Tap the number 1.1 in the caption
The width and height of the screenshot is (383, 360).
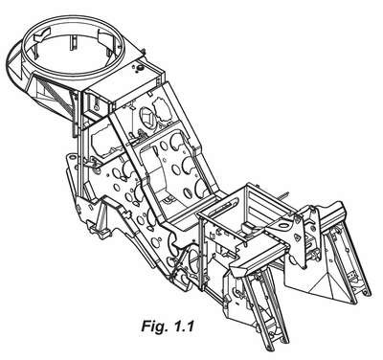pyautogui.click(x=183, y=326)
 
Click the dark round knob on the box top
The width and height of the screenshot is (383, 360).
pyautogui.click(x=140, y=68)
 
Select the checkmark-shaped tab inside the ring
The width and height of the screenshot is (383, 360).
pyautogui.click(x=42, y=33)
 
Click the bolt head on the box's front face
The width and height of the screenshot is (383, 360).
pyautogui.click(x=96, y=107)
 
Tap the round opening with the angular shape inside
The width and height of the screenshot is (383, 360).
pyautogui.click(x=147, y=118)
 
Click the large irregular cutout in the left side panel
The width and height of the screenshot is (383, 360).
pyautogui.click(x=102, y=141)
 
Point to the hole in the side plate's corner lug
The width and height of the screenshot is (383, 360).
pyautogui.click(x=73, y=157)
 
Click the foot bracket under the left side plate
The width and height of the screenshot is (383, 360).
pyautogui.click(x=99, y=231)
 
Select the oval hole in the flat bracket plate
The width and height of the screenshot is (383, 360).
pyautogui.click(x=283, y=225)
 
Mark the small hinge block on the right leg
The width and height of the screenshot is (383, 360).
pyautogui.click(x=352, y=275)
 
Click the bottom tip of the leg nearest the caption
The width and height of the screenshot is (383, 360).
pyautogui.click(x=271, y=349)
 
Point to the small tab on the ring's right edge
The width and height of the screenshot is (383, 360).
pyautogui.click(x=143, y=51)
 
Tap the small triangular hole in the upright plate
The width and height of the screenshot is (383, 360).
pyautogui.click(x=297, y=237)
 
